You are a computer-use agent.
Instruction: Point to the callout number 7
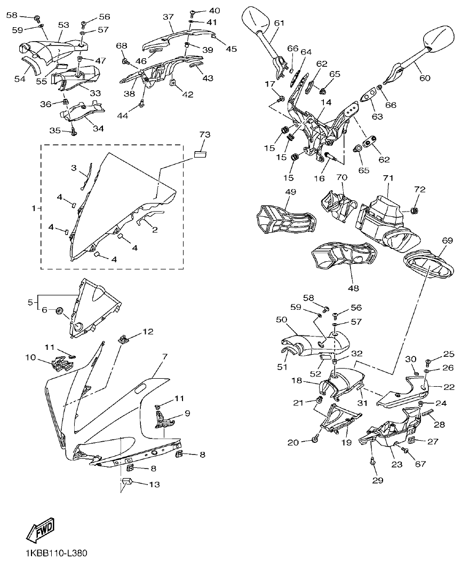pos(165,356)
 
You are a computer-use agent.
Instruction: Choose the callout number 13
pos(154,484)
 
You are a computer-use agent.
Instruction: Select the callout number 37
pos(169,17)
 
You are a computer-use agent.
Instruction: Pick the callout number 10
pos(30,357)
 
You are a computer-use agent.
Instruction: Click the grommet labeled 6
pos(60,309)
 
